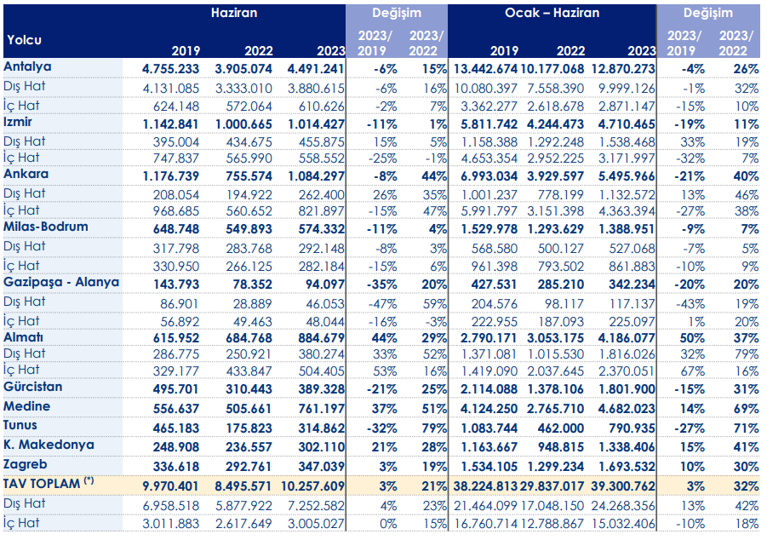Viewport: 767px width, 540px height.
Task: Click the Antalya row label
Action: click(x=27, y=67)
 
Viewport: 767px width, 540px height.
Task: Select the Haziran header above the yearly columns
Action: click(x=234, y=13)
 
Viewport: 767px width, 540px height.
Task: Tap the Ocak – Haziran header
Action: click(x=552, y=13)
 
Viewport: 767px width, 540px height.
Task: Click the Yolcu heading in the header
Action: click(x=24, y=40)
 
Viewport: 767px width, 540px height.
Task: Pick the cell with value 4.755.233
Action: click(x=171, y=69)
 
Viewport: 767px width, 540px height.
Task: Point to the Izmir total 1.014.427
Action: click(x=316, y=124)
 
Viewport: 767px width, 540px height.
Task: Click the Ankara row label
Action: click(x=26, y=175)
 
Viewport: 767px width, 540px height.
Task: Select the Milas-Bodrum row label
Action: click(x=46, y=227)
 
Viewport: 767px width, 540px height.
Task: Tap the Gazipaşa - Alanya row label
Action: click(x=61, y=283)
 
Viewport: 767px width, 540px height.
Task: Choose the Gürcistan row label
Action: click(x=32, y=387)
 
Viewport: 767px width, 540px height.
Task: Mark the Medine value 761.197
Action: click(x=322, y=409)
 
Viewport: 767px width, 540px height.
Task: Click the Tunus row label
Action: click(x=20, y=425)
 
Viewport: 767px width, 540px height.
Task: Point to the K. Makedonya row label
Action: click(x=49, y=445)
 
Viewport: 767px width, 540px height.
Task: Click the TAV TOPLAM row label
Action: click(x=49, y=484)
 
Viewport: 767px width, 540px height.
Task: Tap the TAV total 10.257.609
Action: click(x=313, y=486)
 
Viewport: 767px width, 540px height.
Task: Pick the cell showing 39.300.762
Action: click(x=622, y=486)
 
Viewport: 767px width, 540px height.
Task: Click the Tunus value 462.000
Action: click(x=561, y=428)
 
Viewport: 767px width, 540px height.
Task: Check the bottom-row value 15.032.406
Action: click(x=622, y=524)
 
